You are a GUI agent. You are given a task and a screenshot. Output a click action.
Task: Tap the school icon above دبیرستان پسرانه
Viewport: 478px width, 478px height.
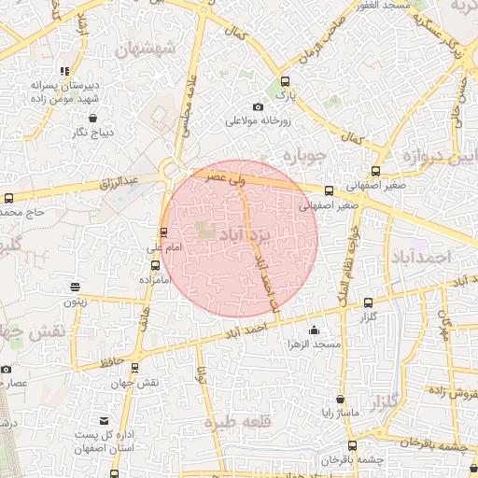pyautogui.click(x=63, y=71)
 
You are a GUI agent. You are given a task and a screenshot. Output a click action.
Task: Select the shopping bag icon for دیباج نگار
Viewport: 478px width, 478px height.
pyautogui.click(x=94, y=119)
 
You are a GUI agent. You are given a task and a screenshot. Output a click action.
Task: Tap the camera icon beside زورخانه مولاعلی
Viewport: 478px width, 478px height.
pyautogui.click(x=258, y=107)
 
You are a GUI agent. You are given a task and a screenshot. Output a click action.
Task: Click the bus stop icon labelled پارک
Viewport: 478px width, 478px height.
pyautogui.click(x=284, y=81)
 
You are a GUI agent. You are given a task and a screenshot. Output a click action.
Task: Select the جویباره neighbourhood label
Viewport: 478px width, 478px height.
pyautogui.click(x=306, y=153)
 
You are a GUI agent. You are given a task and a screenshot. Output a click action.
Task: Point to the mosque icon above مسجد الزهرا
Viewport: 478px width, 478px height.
pyautogui.click(x=313, y=330)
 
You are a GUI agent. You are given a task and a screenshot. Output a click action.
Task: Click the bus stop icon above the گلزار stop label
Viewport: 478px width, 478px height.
pyautogui.click(x=368, y=302)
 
